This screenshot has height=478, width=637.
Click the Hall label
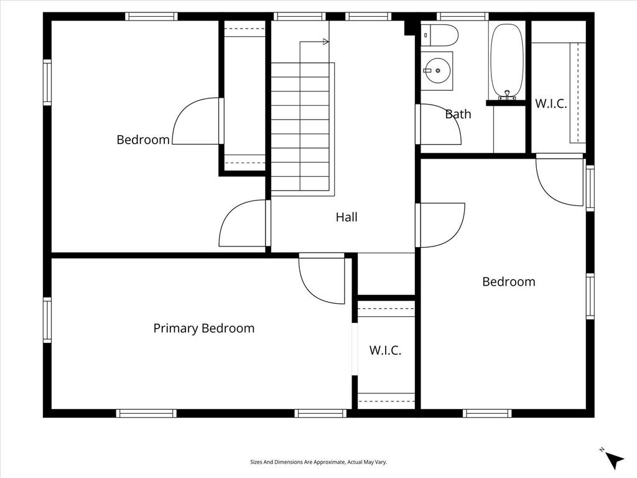click(346, 217)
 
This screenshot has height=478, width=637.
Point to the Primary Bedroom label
click(203, 328)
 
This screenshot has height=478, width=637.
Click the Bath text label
click(458, 114)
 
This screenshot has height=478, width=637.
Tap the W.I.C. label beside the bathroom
click(551, 103)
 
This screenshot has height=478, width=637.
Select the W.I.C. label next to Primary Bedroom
click(385, 350)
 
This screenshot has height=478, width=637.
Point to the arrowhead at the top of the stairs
click(325, 42)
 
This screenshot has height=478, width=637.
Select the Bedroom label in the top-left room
click(143, 139)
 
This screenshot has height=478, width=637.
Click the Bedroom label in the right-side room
click(509, 281)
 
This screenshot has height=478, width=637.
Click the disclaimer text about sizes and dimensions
click(318, 462)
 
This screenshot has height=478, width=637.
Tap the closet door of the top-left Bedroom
click(195, 122)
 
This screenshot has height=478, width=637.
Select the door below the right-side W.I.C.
click(558, 180)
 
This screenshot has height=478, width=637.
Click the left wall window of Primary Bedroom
click(47, 320)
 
